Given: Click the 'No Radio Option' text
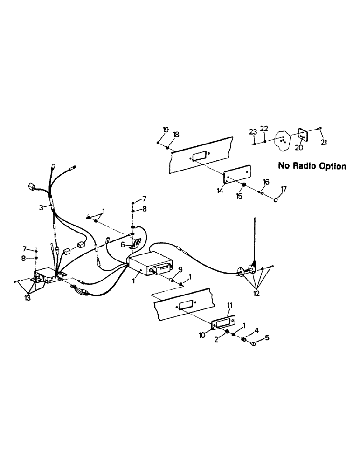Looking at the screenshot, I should coord(312,166).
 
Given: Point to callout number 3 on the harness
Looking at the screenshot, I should coord(42,207).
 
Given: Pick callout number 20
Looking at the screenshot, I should coord(299,148).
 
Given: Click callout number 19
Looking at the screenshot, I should coord(165,130).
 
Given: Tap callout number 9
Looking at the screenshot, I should coord(180,269).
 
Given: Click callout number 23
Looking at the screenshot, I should coord(253,132).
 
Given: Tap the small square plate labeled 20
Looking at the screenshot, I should coord(303,135).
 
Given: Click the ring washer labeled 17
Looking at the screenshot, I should coord(276,199).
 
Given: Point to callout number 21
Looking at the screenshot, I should coord(324,142).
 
